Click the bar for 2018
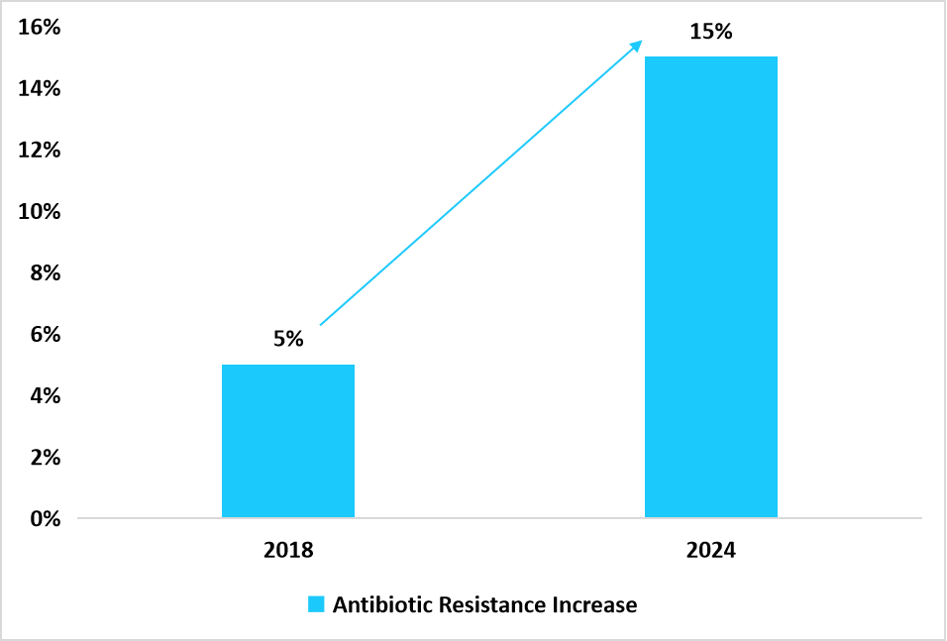coord(288,441)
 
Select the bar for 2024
coord(711,287)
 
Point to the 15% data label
coord(711,32)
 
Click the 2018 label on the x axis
coord(288,550)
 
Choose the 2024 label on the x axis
coord(711,550)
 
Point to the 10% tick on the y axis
coord(36,211)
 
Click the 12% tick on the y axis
coord(36,150)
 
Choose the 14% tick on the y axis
coord(36,88)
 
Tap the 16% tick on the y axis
coord(36,27)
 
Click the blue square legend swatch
coord(316,604)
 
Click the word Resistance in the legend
coord(486,604)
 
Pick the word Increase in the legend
coord(593,604)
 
